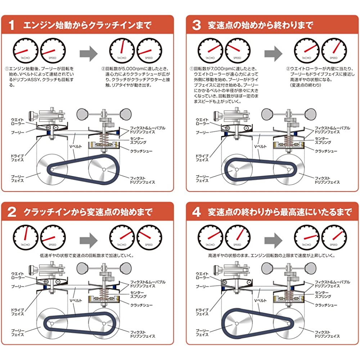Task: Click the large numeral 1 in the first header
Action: pyautogui.click(x=12, y=25)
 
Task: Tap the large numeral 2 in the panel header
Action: pyautogui.click(x=12, y=212)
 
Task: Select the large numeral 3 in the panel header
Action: pyautogui.click(x=196, y=25)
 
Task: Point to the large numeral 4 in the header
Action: pyautogui.click(x=197, y=212)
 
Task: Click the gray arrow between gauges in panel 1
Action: pyautogui.click(x=89, y=54)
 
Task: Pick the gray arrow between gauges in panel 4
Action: pyautogui.click(x=274, y=240)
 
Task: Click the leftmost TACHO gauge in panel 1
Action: pyautogui.click(x=25, y=50)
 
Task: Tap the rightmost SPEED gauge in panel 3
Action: pyautogui.click(x=334, y=50)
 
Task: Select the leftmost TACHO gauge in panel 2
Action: pyautogui.click(x=25, y=237)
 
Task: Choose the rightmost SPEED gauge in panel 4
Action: pyautogui.click(x=334, y=237)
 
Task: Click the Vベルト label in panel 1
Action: pyautogui.click(x=76, y=146)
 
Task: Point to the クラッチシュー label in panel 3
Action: pyautogui.click(x=326, y=151)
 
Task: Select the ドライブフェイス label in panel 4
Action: pyautogui.click(x=202, y=312)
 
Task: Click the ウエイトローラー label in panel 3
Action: pyautogui.click(x=202, y=122)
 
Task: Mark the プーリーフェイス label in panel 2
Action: pyautogui.click(x=17, y=333)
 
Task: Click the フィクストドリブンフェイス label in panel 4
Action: pyautogui.click(x=327, y=334)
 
